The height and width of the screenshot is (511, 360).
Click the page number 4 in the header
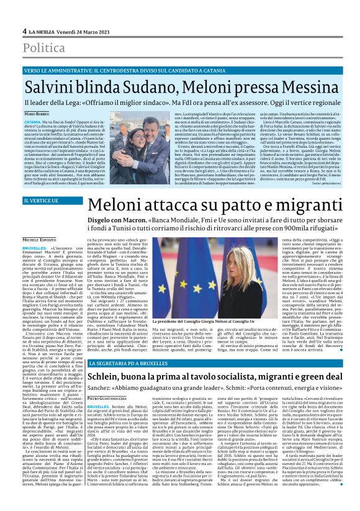point(24,31)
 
